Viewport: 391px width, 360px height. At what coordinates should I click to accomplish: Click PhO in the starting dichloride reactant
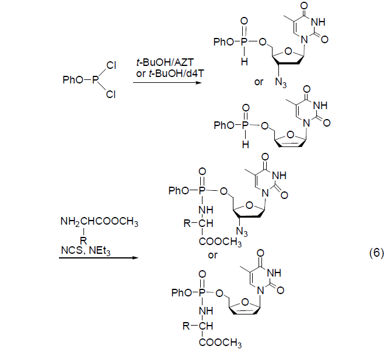click(73, 79)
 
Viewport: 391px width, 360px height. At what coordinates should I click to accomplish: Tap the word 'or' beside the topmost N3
click(259, 81)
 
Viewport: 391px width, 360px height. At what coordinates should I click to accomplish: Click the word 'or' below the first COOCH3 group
click(213, 255)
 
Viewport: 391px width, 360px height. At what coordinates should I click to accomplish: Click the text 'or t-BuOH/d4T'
click(162, 72)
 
